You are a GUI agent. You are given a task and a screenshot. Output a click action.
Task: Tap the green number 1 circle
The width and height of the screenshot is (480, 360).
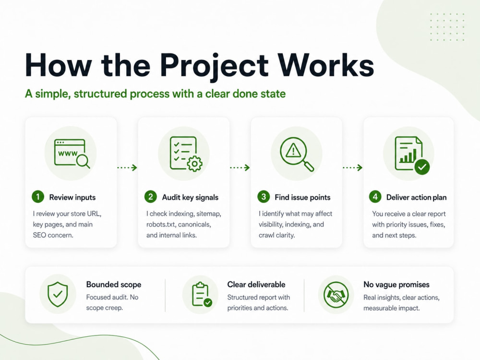pyautogui.click(x=38, y=196)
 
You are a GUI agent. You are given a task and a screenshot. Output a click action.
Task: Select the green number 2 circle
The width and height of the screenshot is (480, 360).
pyautogui.click(x=151, y=196)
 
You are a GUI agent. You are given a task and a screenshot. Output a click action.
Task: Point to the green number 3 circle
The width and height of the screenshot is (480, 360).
pyautogui.click(x=263, y=196)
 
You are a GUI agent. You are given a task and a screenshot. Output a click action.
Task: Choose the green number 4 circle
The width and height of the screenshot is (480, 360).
pyautogui.click(x=375, y=196)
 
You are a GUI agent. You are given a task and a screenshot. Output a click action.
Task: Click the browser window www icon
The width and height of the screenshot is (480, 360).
pyautogui.click(x=72, y=154)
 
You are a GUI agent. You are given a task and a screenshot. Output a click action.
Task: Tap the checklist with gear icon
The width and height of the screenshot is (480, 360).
pyautogui.click(x=186, y=154)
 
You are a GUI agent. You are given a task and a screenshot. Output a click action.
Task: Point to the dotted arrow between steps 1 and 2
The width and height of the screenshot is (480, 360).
pyautogui.click(x=127, y=168)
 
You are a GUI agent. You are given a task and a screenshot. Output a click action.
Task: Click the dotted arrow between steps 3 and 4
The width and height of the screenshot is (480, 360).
pyautogui.click(x=353, y=168)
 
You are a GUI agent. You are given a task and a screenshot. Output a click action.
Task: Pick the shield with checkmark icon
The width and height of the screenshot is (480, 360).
pyautogui.click(x=58, y=295)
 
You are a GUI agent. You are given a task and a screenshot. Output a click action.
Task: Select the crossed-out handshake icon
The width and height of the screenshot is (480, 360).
pyautogui.click(x=336, y=295)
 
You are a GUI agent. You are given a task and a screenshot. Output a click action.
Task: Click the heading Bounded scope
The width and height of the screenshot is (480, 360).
pyautogui.click(x=114, y=284)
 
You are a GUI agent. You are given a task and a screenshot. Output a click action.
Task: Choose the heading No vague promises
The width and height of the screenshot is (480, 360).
pyautogui.click(x=396, y=285)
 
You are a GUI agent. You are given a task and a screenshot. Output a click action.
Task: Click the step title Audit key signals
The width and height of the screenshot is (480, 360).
pyautogui.click(x=190, y=197)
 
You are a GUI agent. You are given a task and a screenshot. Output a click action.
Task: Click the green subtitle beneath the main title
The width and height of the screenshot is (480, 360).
pyautogui.click(x=155, y=94)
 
